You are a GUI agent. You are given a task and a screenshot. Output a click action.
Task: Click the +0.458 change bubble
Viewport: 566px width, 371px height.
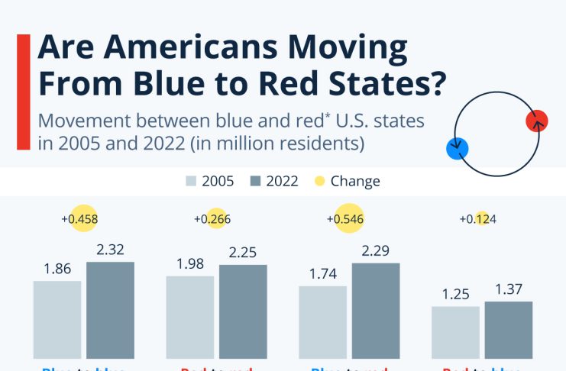click(x=84, y=219)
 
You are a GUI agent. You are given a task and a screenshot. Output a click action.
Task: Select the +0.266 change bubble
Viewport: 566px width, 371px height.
click(x=217, y=219)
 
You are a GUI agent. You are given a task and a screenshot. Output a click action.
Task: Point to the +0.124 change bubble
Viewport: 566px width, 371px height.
click(x=482, y=219)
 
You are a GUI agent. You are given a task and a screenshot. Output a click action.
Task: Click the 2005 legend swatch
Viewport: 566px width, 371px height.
click(x=191, y=181)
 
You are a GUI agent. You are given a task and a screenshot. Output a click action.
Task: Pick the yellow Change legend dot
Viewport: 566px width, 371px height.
click(x=319, y=181)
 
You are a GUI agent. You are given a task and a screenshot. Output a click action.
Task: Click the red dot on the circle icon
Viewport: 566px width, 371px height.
click(x=537, y=121)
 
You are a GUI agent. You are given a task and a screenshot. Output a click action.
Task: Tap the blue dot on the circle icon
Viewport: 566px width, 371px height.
click(x=458, y=148)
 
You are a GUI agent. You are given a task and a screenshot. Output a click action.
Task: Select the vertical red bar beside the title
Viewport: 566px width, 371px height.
click(x=23, y=92)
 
